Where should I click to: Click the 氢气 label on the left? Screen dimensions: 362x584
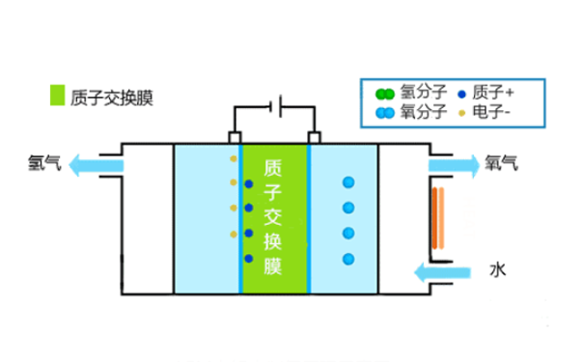click(44, 164)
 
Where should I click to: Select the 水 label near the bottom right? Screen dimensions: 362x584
click(498, 267)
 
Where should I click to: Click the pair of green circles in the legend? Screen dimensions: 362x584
click(385, 93)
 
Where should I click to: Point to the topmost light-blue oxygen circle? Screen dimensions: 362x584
click(348, 181)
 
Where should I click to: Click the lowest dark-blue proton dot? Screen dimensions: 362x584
click(249, 259)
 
